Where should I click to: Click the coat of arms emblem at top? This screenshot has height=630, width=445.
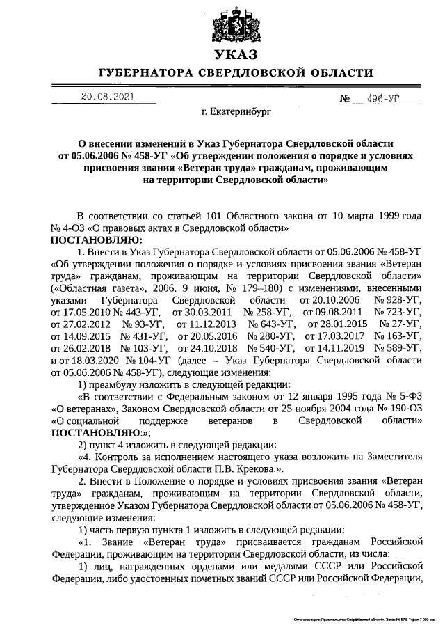pyautogui.click(x=236, y=21)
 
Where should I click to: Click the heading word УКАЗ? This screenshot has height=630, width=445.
pyautogui.click(x=236, y=54)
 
